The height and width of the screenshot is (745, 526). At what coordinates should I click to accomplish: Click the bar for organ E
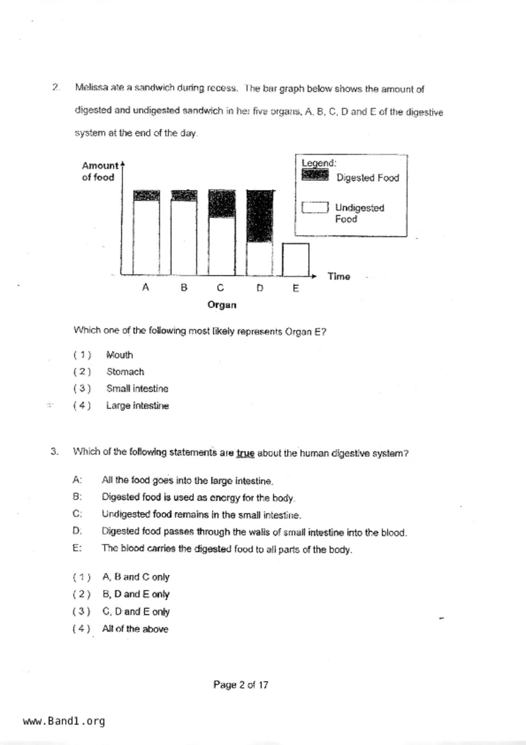click(x=296, y=260)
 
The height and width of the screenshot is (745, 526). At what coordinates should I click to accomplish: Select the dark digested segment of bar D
click(x=260, y=217)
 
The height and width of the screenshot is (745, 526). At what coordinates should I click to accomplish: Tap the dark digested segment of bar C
click(x=222, y=204)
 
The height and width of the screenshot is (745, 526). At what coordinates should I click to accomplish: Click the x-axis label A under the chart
click(x=146, y=288)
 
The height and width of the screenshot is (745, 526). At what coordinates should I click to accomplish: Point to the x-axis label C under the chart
click(x=220, y=288)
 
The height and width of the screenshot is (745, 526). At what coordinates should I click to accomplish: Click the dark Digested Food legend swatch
click(x=315, y=175)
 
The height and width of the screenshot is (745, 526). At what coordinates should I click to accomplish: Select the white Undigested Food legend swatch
click(x=315, y=207)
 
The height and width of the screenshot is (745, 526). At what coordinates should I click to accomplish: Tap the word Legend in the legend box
click(x=319, y=163)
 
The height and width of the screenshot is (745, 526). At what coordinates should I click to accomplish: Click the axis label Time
click(x=339, y=277)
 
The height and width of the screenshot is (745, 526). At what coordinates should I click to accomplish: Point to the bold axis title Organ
click(x=222, y=305)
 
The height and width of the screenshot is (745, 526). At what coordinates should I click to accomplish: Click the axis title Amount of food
click(x=99, y=171)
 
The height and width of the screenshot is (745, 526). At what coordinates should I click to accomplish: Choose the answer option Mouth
click(x=120, y=355)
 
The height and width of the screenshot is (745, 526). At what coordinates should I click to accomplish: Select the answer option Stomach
click(x=125, y=372)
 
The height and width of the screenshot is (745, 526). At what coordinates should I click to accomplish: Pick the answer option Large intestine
click(x=138, y=406)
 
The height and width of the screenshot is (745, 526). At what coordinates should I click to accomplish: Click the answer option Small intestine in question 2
click(x=137, y=389)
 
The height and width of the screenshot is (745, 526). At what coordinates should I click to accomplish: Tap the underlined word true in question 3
click(x=245, y=453)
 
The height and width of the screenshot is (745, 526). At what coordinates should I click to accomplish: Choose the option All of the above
click(x=135, y=629)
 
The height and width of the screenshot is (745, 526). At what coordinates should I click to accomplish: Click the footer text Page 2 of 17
click(x=241, y=685)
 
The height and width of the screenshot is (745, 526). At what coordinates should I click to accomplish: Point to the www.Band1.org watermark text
click(x=64, y=721)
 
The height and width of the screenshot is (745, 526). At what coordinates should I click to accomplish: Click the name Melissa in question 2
click(x=91, y=87)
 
